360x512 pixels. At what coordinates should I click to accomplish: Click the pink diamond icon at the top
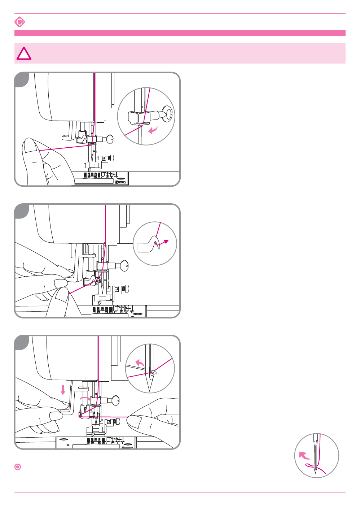click(19, 22)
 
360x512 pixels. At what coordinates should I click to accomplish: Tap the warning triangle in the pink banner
click(24, 54)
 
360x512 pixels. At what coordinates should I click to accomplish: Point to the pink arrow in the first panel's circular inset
click(153, 130)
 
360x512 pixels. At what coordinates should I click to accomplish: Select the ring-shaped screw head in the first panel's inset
click(168, 113)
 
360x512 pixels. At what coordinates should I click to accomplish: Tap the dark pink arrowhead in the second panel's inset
click(166, 241)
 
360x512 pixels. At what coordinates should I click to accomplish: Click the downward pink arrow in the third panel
click(63, 390)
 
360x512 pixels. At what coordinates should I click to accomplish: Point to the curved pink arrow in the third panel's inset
click(140, 363)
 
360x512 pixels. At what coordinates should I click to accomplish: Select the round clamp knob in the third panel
click(116, 400)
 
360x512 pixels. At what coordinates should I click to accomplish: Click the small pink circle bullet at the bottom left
click(18, 467)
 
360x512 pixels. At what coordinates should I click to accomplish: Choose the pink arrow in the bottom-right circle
click(304, 455)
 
